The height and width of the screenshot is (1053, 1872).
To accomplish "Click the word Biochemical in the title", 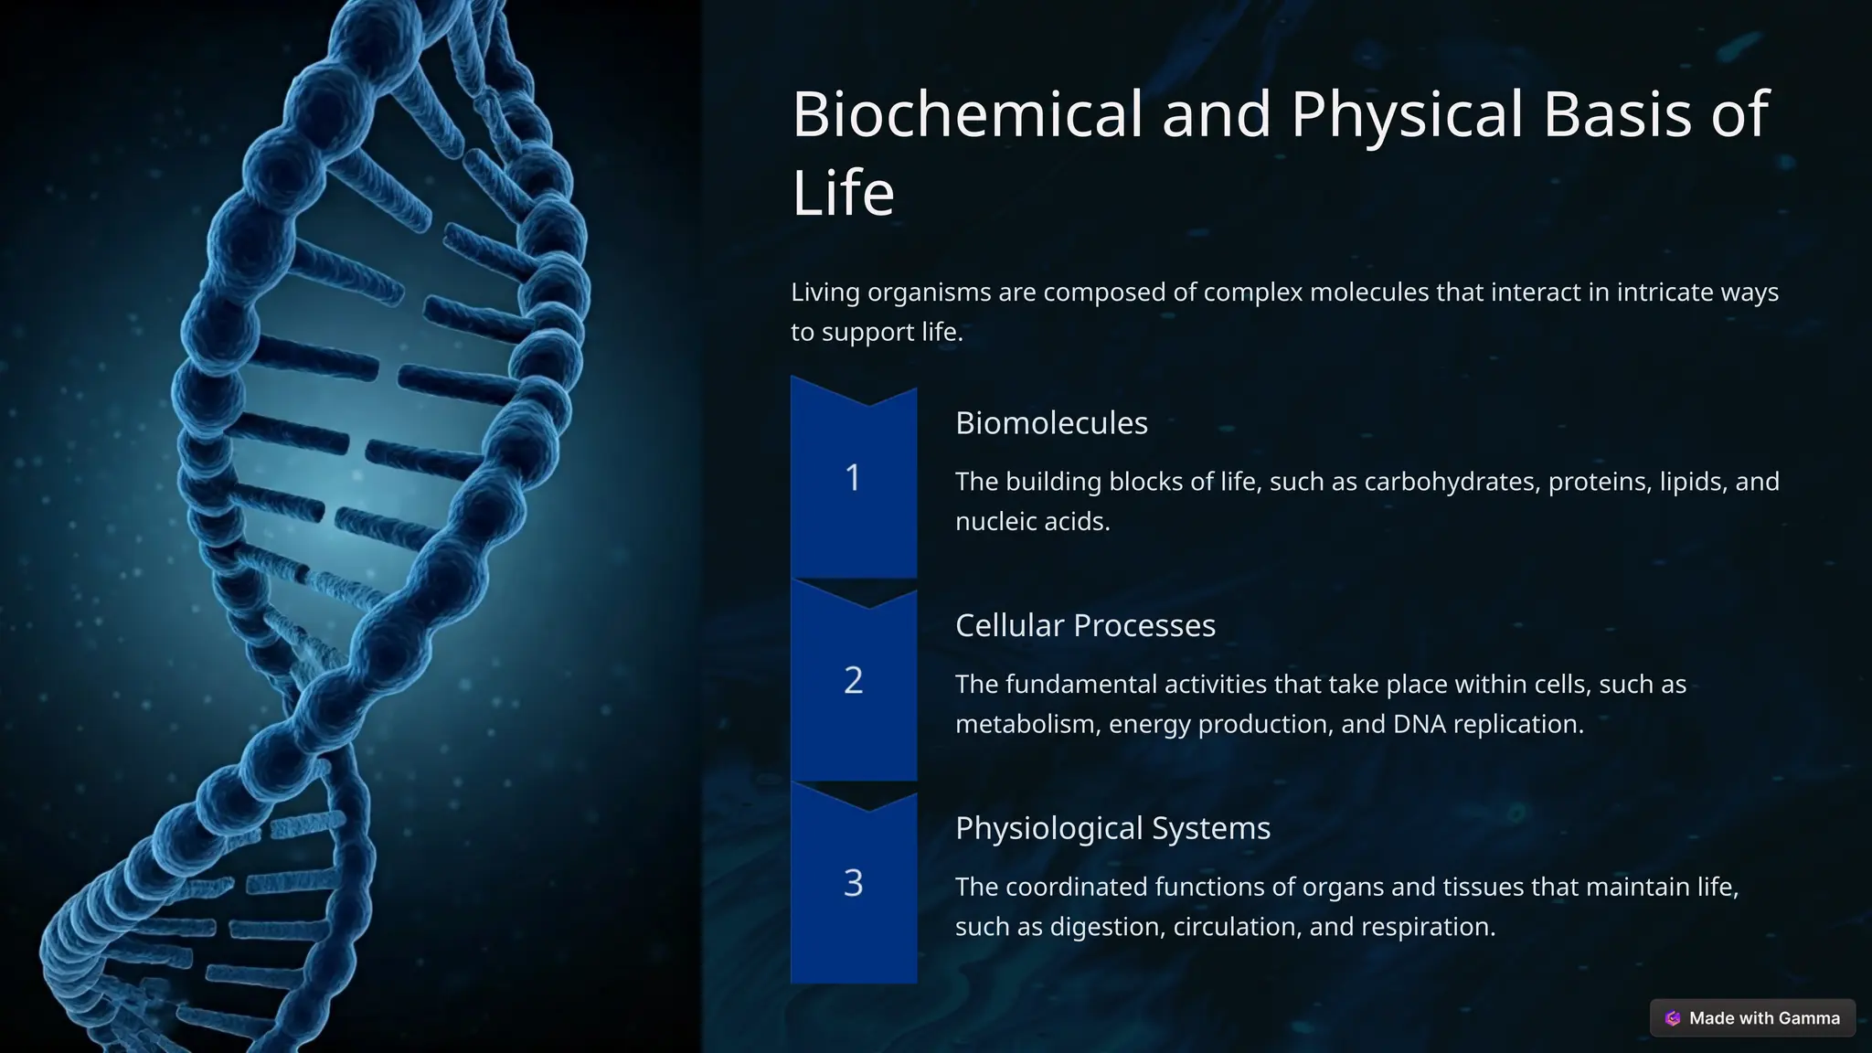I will click(967, 114).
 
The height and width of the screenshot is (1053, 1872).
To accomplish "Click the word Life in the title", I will click(842, 193).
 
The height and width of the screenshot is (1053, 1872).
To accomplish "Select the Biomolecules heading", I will click(1051, 423).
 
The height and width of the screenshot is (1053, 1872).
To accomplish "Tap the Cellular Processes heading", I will click(1085, 626).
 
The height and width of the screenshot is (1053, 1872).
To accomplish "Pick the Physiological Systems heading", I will click(1112, 828).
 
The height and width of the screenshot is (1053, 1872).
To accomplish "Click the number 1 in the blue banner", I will click(853, 478).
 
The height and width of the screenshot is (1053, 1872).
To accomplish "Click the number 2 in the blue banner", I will click(853, 681).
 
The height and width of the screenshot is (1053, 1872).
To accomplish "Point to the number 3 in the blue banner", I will click(853, 884).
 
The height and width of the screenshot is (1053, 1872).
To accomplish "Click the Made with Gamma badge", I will click(1752, 1018).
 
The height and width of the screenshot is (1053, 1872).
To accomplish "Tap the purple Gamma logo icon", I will click(1673, 1018).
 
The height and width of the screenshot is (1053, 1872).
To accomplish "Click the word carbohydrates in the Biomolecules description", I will click(1452, 482).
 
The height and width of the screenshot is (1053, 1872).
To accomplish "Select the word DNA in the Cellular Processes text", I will click(1419, 724).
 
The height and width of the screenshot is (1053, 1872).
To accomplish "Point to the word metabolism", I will click(1026, 724).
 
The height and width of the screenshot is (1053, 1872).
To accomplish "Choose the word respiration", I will click(1428, 927).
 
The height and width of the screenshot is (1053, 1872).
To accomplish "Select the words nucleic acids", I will click(1032, 522).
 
